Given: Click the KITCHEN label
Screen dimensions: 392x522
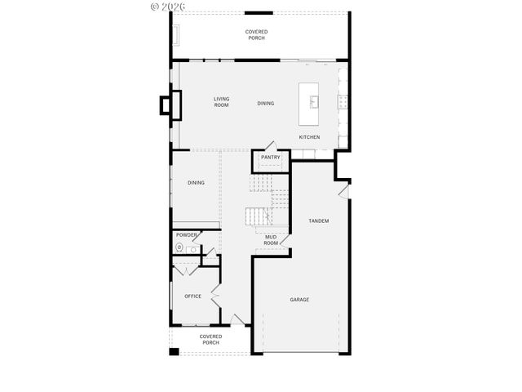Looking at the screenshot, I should coord(309,137).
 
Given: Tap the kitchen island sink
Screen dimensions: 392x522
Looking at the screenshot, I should coord(312,102).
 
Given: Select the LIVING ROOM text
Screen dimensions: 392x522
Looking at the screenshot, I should coord(221,102).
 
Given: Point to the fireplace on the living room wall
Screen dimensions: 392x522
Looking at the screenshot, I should coord(167,106).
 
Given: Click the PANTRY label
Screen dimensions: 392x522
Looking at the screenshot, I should coord(271,158).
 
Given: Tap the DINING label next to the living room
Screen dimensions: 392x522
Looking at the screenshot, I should coord(266,104).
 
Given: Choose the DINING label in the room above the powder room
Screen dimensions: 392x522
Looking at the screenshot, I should coord(196,183).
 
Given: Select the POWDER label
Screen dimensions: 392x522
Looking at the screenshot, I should coord(187,234).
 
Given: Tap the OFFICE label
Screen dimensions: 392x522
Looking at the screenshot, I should coord(192,296).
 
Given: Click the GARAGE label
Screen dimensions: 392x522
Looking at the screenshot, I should coord(299,300).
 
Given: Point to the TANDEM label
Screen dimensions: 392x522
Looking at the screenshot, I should coord(318,221).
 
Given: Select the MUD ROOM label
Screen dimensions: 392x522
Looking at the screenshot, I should coord(271,239).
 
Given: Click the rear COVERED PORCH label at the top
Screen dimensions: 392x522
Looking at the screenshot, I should coord(257,34).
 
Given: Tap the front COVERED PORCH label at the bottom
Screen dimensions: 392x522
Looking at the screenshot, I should coord(211,339).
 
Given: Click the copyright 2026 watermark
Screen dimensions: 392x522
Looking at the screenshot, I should coord(168,7).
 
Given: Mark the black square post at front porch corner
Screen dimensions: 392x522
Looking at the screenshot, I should coord(174,352).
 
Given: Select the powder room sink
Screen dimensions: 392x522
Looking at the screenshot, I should coord(191,245).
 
